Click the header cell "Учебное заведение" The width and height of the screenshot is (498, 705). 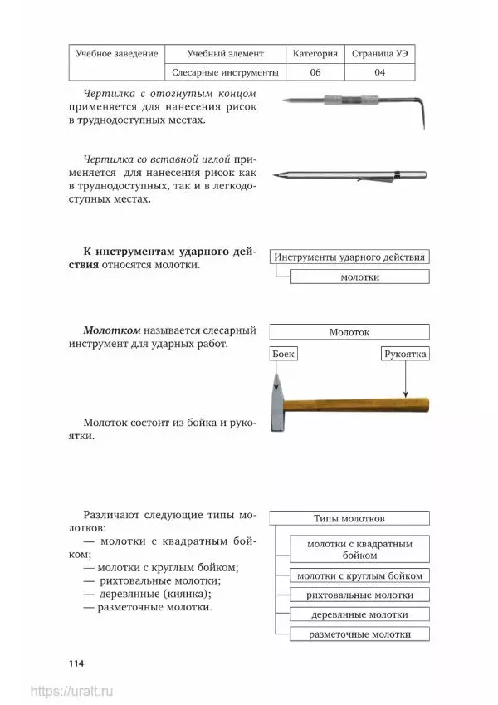pos(116,53)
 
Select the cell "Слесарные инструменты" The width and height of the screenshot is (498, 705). pos(224,72)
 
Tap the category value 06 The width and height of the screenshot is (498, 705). pos(315,72)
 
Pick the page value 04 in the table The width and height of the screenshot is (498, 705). pos(379,72)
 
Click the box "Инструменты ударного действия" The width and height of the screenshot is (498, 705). pos(351,257)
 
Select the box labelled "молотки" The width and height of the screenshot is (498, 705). pos(359,277)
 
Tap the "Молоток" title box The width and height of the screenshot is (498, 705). pos(349,332)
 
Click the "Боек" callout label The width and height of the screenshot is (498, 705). pos(284,354)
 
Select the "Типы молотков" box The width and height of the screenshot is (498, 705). pos(349,518)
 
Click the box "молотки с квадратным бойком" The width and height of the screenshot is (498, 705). pos(359,548)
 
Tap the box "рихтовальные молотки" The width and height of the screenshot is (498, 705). pos(359,595)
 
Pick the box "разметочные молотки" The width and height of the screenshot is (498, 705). pos(359,634)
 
